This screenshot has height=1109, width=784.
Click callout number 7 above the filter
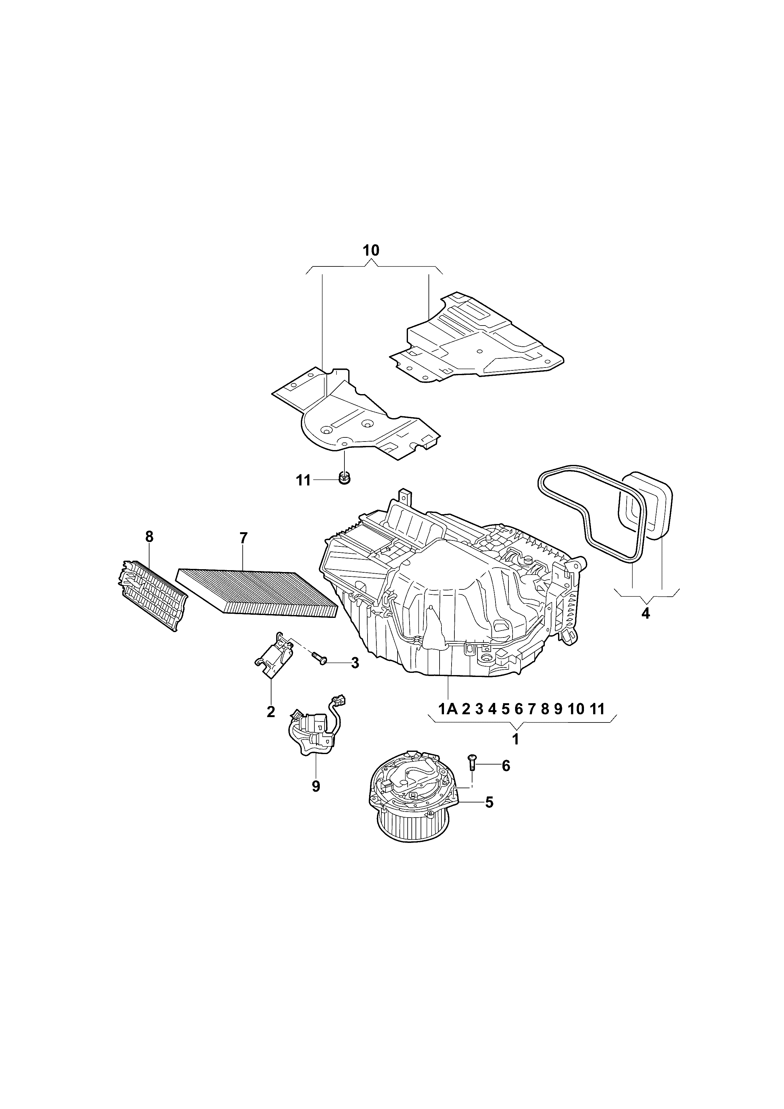click(x=243, y=537)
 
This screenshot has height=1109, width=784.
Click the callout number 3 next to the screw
click(x=355, y=663)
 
